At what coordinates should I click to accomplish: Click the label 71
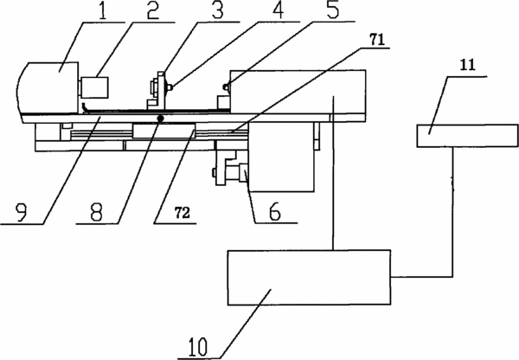click(x=376, y=40)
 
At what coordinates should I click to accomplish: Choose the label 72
click(x=182, y=213)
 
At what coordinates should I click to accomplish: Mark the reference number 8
click(x=96, y=212)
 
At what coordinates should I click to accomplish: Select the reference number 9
click(x=21, y=212)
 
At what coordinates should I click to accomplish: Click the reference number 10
click(x=198, y=346)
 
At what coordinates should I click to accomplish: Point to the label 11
click(x=468, y=65)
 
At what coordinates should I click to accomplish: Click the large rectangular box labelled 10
click(x=309, y=277)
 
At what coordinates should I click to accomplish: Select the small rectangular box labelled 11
click(x=467, y=136)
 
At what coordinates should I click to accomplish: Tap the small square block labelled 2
click(x=94, y=87)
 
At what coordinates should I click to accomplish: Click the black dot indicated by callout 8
click(x=161, y=118)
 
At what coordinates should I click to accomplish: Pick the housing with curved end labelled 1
click(x=48, y=87)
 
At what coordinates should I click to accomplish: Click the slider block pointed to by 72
click(x=163, y=130)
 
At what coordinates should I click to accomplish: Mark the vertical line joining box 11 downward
click(x=452, y=212)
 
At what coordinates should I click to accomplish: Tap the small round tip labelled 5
click(x=227, y=87)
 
